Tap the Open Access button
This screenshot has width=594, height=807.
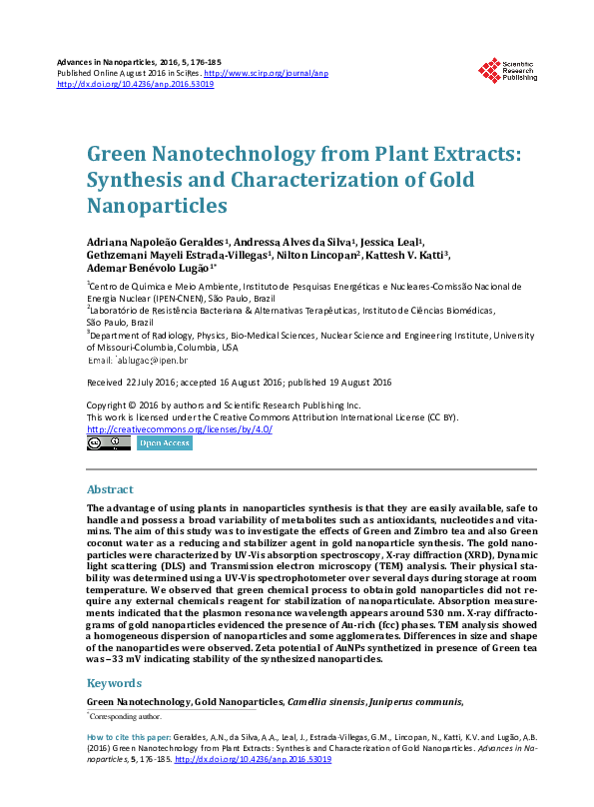[165, 442]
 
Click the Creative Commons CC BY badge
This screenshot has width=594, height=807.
[108, 442]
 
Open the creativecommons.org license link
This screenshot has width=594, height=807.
[180, 429]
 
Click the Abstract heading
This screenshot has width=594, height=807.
[110, 490]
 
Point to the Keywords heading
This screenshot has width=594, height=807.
[114, 684]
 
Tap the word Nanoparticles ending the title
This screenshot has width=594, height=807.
[158, 206]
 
